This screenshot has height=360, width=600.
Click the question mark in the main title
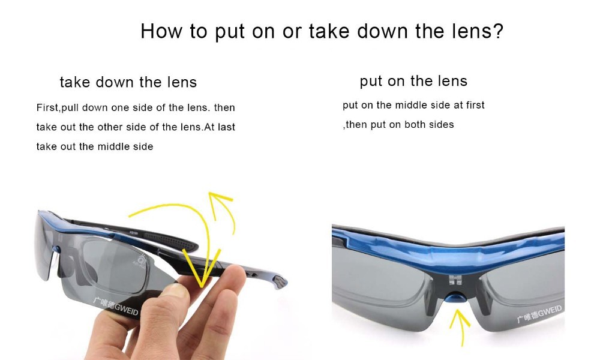[498, 31]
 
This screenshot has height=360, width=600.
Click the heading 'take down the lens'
[128, 82]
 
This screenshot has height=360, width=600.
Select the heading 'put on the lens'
[413, 81]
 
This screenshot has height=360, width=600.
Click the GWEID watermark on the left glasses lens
[116, 305]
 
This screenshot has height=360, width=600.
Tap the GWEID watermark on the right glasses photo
[539, 314]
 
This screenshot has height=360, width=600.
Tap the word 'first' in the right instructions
[475, 105]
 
